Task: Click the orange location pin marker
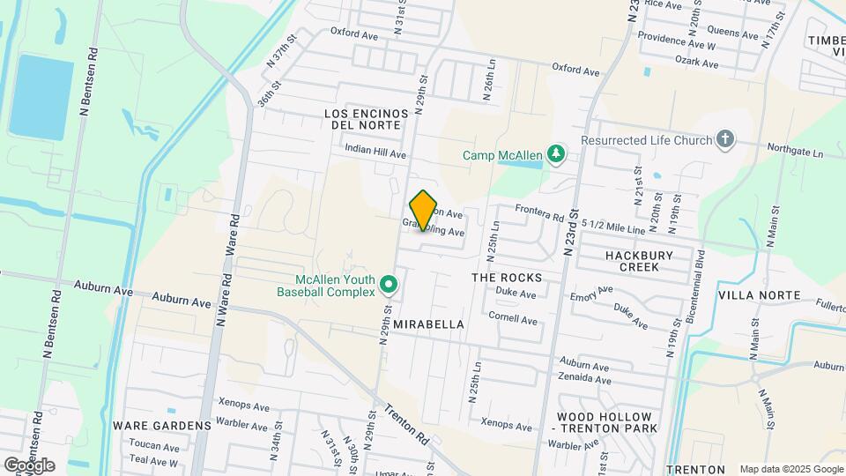coord(424,210)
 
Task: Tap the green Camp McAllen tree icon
coord(555,155)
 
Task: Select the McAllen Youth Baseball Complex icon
coord(389,285)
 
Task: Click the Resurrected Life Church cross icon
coord(724,139)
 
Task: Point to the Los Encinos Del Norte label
coord(367,119)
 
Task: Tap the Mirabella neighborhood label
coord(428,324)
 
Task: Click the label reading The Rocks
coord(507,277)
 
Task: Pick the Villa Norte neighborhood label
coord(759,294)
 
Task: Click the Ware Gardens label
coord(162,425)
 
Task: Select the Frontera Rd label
coord(538,212)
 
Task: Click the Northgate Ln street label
coord(794,150)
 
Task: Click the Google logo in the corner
coord(29,465)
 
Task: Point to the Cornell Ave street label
coord(513,320)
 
